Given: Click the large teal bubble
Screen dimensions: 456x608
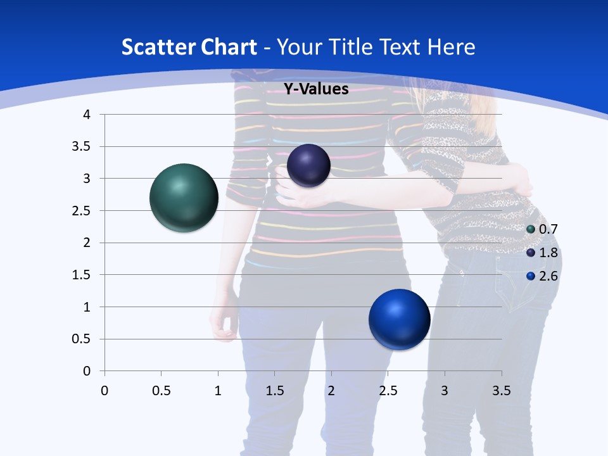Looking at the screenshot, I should [184, 198].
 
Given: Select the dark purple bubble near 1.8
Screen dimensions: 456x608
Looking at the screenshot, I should [308, 165].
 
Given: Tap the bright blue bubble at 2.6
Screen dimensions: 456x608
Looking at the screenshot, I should [399, 319].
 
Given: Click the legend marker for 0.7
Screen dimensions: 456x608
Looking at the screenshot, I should [531, 229].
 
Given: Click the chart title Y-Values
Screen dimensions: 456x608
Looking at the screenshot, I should [315, 89].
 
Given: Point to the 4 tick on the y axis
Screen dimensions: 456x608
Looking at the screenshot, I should [87, 115].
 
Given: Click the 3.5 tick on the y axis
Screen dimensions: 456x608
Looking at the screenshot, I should [82, 147].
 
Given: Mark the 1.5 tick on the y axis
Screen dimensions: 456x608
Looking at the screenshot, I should [82, 275].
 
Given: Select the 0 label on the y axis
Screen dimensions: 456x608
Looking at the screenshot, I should [87, 371].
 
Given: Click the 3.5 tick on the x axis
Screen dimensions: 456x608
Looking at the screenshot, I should [501, 391].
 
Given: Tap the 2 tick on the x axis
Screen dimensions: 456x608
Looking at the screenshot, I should [331, 391].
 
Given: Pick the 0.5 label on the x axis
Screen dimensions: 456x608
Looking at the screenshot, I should [161, 391].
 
